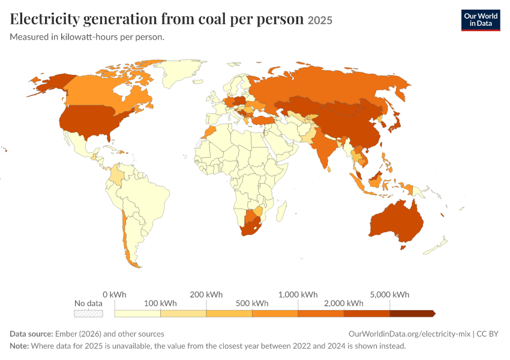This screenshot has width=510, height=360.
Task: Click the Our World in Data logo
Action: [481, 20]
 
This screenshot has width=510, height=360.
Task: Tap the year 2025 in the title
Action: [320, 20]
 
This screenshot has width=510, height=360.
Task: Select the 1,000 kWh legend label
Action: [298, 295]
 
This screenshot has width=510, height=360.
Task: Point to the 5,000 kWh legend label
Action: [389, 295]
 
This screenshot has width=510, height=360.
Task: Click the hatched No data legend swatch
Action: [88, 313]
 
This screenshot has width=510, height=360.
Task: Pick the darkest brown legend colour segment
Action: [412, 313]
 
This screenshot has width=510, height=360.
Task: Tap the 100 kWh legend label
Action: [160, 304]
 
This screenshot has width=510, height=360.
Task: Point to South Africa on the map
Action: [250, 227]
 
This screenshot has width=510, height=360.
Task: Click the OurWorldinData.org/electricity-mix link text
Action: [409, 334]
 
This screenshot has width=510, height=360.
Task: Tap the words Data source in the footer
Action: [31, 334]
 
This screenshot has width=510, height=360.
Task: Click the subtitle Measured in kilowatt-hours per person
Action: [87, 37]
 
